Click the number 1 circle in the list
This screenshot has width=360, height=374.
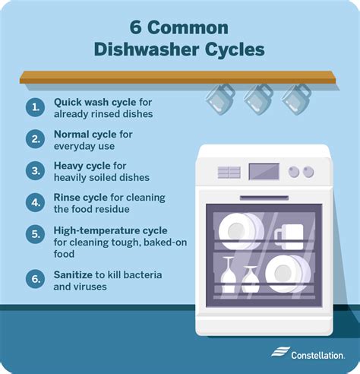[x=36, y=108]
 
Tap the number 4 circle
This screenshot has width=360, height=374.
[x=36, y=203]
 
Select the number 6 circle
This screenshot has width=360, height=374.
[x=36, y=279]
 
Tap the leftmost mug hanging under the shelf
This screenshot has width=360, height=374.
[x=220, y=99]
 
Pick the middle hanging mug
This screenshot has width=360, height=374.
[x=257, y=99]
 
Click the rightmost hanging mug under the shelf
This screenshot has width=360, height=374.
[x=296, y=99]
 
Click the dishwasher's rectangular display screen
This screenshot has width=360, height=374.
[x=264, y=172]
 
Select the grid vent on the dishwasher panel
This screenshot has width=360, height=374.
[x=229, y=173]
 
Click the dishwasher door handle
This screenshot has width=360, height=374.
[x=264, y=195]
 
